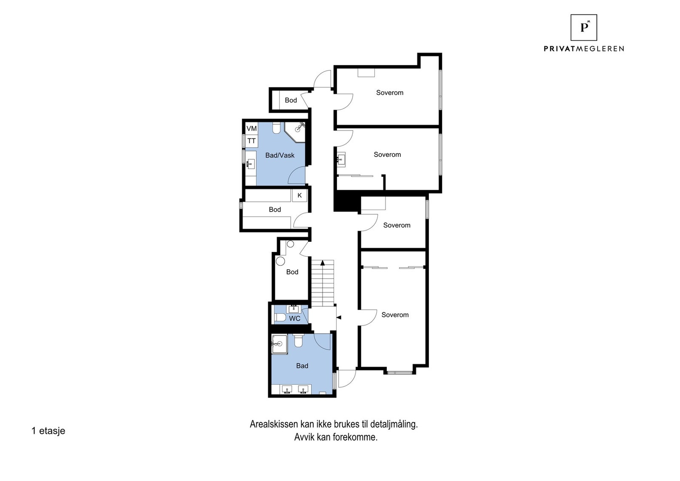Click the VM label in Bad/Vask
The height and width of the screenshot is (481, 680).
(x=252, y=128)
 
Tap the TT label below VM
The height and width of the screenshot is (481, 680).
(x=252, y=141)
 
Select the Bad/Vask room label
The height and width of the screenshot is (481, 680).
(x=280, y=156)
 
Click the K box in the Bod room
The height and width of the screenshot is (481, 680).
(x=300, y=195)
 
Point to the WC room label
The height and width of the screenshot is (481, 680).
(x=295, y=319)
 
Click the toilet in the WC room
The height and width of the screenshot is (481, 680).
(x=280, y=317)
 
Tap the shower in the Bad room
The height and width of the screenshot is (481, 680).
(x=279, y=344)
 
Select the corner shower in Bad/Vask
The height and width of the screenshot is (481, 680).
(x=297, y=130)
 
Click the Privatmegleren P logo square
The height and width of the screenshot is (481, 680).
(x=584, y=28)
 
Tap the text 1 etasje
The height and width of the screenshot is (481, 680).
(x=48, y=431)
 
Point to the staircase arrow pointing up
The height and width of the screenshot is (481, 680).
(x=323, y=263)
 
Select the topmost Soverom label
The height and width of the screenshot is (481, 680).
(x=389, y=93)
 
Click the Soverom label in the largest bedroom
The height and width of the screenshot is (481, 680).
(x=395, y=315)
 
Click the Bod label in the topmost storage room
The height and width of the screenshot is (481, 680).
(x=291, y=100)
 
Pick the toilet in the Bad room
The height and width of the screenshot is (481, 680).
(x=298, y=340)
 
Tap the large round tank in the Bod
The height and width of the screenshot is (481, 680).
(x=280, y=261)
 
